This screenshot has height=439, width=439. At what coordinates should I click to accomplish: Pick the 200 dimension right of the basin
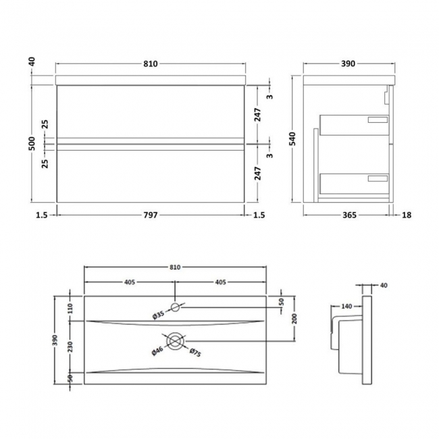295,319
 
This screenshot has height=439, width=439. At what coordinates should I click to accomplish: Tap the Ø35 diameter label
158,314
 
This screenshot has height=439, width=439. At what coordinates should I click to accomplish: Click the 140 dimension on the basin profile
347,307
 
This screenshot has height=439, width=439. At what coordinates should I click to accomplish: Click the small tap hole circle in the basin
175,307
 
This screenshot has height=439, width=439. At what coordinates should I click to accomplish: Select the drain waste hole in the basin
175,342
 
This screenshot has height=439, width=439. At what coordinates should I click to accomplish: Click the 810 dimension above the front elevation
150,64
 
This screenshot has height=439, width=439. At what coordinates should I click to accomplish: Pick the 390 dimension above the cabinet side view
347,64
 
